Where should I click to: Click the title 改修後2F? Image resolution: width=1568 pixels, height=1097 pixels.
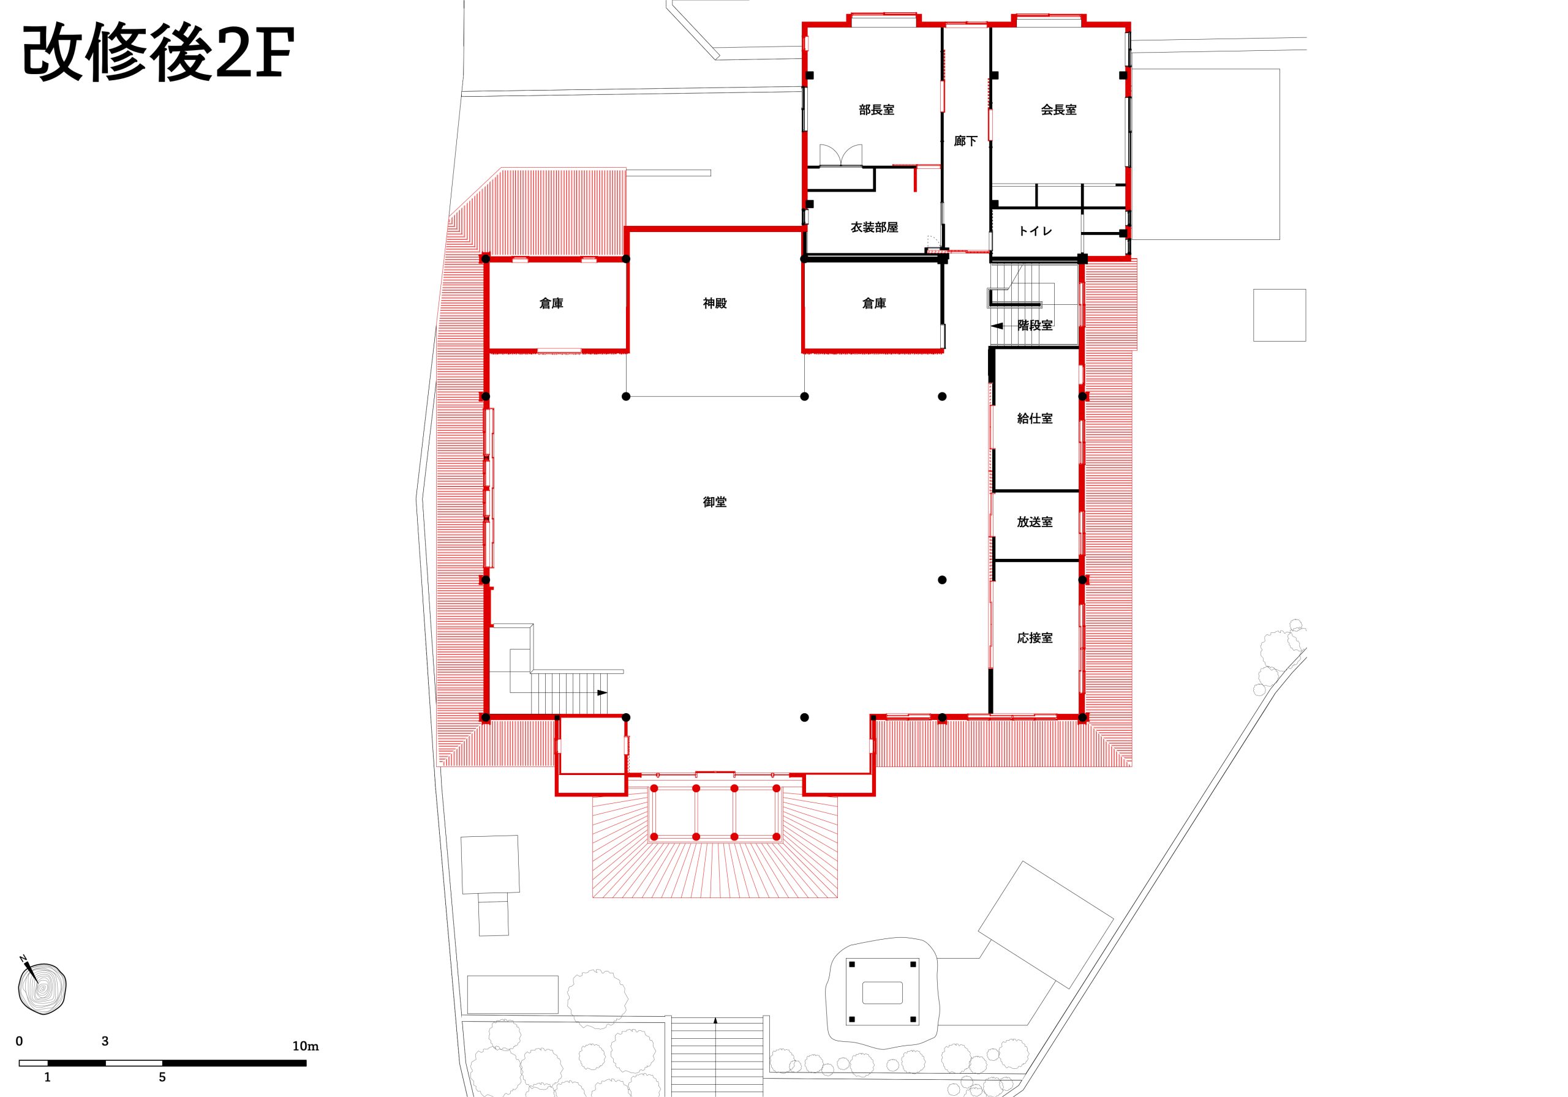(x=159, y=53)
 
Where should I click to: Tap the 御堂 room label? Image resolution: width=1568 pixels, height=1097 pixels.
(x=714, y=502)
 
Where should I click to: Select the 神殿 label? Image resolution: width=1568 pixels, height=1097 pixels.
(x=714, y=303)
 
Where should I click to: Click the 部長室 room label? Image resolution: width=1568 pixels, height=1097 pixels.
(x=876, y=109)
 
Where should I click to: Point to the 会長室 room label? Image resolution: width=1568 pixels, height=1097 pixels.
(x=1058, y=109)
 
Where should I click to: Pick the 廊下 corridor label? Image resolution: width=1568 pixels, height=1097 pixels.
(x=966, y=141)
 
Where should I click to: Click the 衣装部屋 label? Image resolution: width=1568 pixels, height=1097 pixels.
(x=874, y=227)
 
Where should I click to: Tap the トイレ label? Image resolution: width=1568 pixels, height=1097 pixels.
(x=1035, y=231)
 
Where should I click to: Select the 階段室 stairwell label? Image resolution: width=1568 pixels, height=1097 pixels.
(x=1035, y=325)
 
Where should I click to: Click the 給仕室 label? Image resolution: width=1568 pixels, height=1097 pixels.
(x=1035, y=419)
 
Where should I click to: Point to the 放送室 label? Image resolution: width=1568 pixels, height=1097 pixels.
(x=1035, y=522)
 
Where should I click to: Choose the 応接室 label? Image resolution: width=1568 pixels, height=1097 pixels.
(x=1035, y=638)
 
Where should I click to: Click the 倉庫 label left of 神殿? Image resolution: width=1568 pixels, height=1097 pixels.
(x=551, y=303)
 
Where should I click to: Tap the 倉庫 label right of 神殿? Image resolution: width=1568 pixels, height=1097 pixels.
(x=874, y=303)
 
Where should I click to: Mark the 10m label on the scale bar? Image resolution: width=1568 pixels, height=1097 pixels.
(x=305, y=1046)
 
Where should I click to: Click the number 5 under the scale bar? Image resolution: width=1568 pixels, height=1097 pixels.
(x=162, y=1077)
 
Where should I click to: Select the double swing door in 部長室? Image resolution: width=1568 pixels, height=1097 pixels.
(x=841, y=155)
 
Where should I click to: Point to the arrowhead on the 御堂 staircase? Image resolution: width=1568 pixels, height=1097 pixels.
(x=602, y=692)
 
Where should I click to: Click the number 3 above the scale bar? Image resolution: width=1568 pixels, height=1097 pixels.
(x=105, y=1041)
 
